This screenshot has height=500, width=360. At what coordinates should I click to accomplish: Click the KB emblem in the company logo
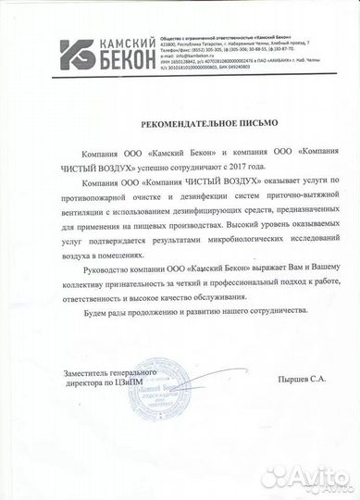[x=76, y=54]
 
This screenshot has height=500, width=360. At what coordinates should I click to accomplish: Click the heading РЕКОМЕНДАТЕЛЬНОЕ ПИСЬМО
[x=180, y=122]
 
